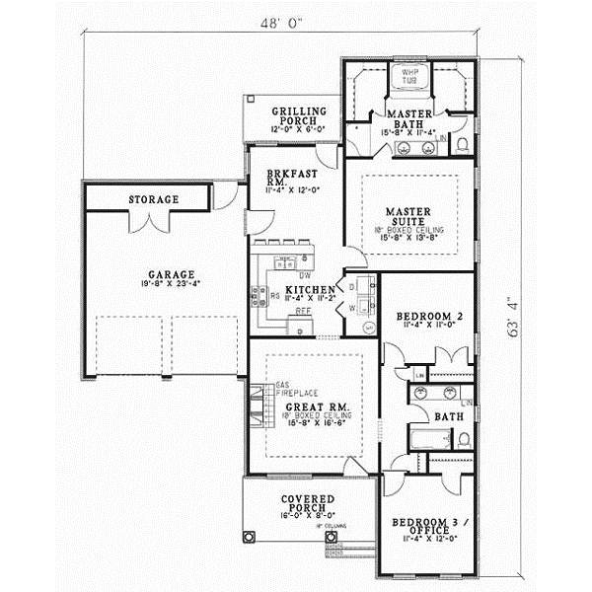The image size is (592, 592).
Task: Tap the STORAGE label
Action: (153, 200)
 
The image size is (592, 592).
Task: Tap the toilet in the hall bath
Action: (462, 437)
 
